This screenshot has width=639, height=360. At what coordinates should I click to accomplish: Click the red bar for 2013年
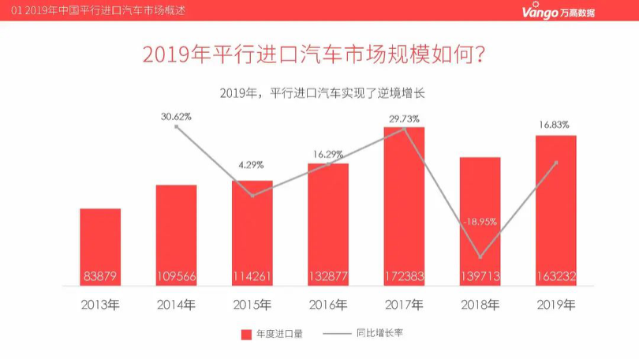pos(100,245)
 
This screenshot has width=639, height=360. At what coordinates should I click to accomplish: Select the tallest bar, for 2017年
pos(405,205)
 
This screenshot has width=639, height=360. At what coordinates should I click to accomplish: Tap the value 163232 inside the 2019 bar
pos(556,276)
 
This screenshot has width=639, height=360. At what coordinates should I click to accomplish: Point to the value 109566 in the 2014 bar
pos(176,276)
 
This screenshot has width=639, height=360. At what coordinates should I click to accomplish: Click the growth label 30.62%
pos(176,116)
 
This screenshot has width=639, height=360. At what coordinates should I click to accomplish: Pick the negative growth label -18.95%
pos(480,222)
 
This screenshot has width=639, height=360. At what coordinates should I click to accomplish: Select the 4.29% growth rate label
pos(251,165)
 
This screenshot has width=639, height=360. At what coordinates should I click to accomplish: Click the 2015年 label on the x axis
pos(252,305)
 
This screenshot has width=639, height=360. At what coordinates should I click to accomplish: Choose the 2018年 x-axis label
pos(480,305)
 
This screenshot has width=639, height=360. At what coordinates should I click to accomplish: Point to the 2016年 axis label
pos(328,305)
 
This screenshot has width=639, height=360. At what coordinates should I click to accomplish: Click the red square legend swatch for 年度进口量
pos(246,334)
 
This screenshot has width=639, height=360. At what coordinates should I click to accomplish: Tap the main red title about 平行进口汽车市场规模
pos(313,55)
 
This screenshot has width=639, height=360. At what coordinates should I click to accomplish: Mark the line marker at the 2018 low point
pos(480,257)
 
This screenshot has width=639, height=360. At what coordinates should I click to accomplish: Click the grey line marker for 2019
pos(556,163)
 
